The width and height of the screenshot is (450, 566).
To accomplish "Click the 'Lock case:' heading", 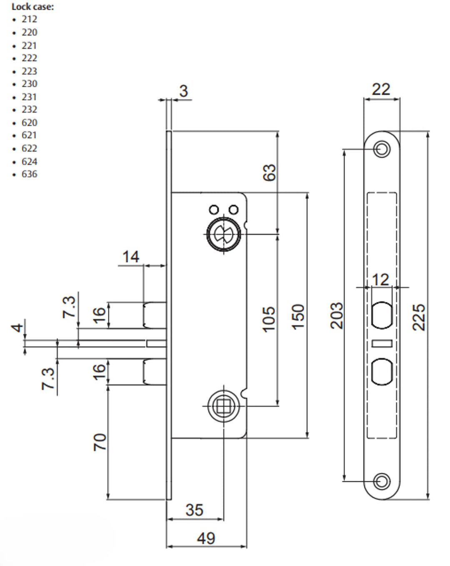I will coord(32,7).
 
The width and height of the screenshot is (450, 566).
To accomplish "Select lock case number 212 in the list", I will coord(29,19).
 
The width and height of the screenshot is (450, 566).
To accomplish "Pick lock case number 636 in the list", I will coord(29,174).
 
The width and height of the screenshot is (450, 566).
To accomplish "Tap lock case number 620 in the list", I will coord(29,123).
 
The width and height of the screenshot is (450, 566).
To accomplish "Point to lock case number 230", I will coord(29,84).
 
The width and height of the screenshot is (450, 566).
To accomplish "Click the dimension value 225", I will coord(419,317).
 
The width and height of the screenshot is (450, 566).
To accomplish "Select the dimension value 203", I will coord(337,316).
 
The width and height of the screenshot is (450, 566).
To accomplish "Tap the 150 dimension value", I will coord(298,317).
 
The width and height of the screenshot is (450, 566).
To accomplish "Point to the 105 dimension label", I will coord(269,319).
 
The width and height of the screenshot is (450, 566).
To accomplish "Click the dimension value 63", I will coord(270,173).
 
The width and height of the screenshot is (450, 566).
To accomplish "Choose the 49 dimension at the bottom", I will coord(206,538).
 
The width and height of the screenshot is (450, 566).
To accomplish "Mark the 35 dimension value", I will coord(194,510).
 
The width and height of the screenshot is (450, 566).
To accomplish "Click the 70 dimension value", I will coord(100,442).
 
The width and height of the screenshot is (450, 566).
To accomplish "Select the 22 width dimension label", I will coord(381,89).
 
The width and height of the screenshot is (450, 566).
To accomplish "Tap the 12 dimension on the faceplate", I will coord(380,280).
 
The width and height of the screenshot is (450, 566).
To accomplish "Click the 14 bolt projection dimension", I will coord(130,257).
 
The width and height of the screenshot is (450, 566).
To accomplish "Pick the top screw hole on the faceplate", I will coord(381,149).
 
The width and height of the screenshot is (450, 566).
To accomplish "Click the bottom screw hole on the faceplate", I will coord(381,481).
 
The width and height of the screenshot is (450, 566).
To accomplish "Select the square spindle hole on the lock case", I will coord(223,406).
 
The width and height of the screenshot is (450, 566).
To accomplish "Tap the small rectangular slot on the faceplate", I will coord(382,343).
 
